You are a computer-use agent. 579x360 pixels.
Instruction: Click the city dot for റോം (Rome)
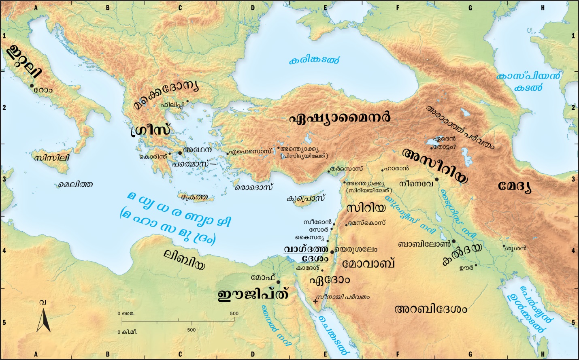pos(32,85)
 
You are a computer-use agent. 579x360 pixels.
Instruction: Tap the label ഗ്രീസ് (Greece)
pos(150,130)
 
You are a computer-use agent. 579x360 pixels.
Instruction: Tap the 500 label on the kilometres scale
pos(191,330)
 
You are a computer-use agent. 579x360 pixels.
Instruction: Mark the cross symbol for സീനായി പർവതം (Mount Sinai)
pos(316,301)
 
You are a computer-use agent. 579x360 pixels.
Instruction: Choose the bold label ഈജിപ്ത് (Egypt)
pos(253,295)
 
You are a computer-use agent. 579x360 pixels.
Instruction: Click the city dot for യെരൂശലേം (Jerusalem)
pos(332,252)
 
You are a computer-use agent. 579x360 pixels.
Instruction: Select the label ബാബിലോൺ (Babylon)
pos(424,244)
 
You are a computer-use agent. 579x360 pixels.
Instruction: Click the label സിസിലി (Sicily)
pos(52,158)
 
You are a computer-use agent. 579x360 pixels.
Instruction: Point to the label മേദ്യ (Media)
pos(515,187)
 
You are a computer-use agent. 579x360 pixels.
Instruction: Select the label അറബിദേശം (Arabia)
pos(430,309)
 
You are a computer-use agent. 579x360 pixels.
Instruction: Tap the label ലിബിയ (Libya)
pos(184,259)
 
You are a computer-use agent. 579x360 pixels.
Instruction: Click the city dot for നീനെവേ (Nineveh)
pos(437,179)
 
